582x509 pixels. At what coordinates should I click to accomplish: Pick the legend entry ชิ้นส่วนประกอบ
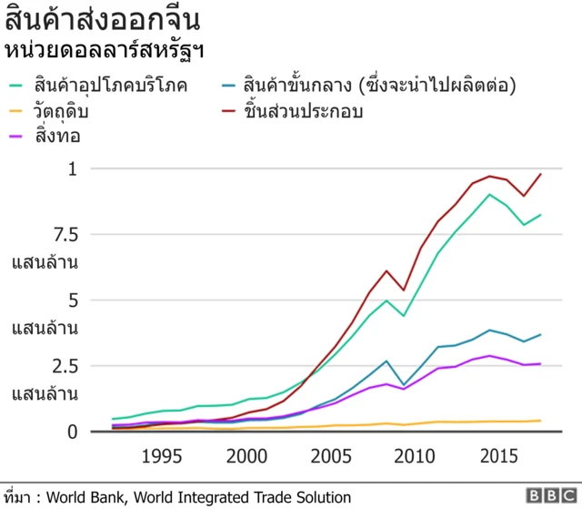304,112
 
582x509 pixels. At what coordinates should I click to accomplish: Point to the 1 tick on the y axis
74,169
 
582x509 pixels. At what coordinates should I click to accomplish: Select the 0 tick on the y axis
74,432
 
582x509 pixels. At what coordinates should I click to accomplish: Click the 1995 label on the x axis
161,455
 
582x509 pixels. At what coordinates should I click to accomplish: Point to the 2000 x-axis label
246,455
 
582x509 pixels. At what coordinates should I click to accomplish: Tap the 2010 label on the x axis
418,455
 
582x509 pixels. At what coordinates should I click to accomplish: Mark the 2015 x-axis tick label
504,455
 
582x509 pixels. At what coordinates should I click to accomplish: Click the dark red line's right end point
541,174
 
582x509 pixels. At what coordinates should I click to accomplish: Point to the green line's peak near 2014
490,194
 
